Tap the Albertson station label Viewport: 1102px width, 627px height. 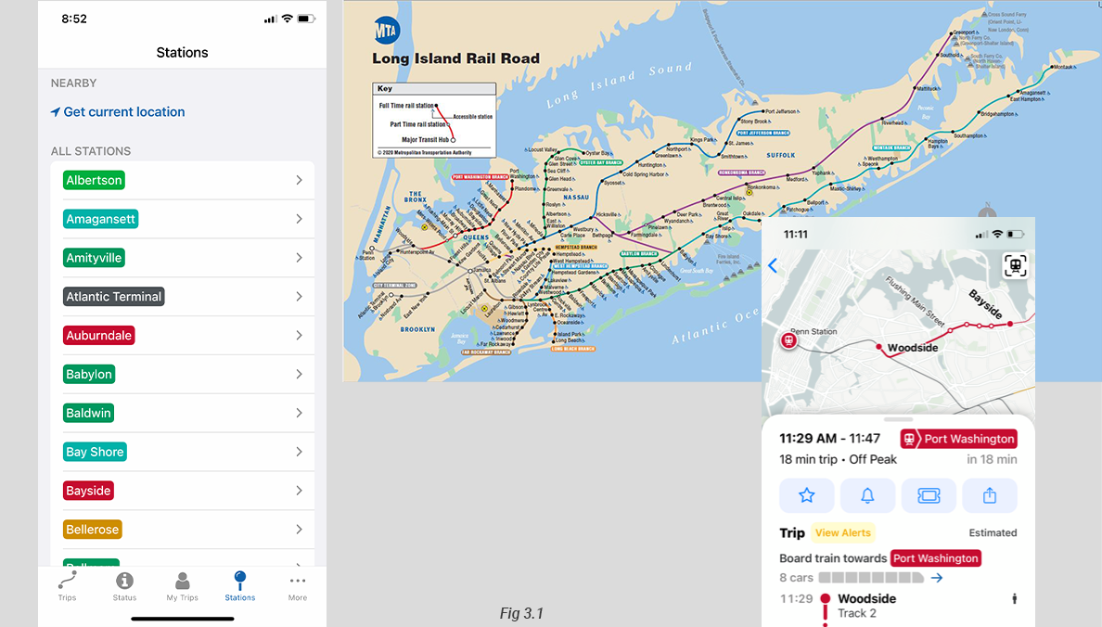tap(94, 180)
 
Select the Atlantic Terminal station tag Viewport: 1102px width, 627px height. tap(114, 297)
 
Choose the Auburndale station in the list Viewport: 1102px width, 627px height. tap(99, 336)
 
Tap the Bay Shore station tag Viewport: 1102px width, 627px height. tap(95, 452)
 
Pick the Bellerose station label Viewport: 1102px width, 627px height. tap(93, 530)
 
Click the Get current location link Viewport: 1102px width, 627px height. tap(118, 112)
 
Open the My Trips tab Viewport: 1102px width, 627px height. tap(183, 586)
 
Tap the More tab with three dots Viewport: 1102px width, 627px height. tap(297, 586)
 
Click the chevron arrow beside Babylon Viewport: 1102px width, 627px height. tap(299, 374)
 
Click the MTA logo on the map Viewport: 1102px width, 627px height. tap(387, 30)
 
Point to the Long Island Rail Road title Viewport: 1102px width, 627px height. tap(455, 58)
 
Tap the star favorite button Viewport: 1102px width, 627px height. tap(807, 496)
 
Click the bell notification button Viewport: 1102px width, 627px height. tap(867, 496)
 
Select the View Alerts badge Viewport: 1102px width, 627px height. tap(842, 533)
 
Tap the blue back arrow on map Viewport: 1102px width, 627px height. tap(773, 266)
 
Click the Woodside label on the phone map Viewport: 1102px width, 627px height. tap(913, 348)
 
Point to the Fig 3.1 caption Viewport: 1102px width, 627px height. tap(520, 613)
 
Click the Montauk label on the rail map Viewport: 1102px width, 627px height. tap(1062, 67)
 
